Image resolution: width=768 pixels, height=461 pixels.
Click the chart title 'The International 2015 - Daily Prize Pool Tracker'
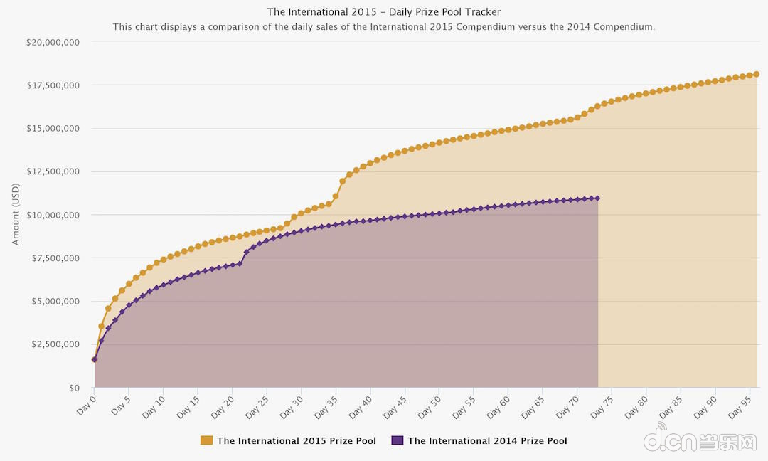point(384,11)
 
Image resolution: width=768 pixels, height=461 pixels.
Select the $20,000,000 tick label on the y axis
point(53,42)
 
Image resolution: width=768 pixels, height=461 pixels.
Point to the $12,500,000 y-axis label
point(53,171)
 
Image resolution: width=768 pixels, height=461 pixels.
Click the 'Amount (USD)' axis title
point(16,214)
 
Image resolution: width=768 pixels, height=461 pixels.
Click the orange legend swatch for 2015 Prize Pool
point(207,440)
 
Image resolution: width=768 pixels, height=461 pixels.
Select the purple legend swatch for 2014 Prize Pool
point(398,440)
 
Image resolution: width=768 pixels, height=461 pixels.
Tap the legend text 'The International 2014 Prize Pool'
point(487,440)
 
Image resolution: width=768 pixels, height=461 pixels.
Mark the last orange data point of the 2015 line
point(757,74)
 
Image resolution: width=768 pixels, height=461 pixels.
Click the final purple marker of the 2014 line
point(597,198)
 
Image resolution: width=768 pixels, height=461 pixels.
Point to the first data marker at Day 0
point(94,359)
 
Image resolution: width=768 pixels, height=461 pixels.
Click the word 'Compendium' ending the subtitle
point(628,27)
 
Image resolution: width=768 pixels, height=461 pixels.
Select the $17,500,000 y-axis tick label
point(53,85)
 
